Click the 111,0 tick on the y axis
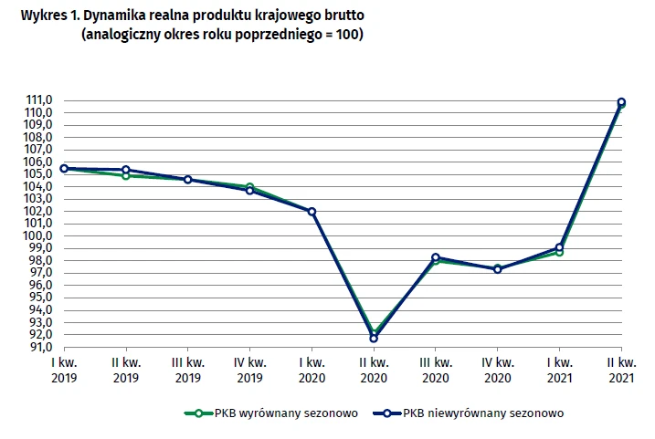(40, 100)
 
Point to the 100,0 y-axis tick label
(40, 235)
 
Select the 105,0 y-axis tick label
(40, 174)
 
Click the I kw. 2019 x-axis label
(64, 368)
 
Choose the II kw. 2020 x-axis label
(374, 368)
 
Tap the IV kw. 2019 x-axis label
(249, 368)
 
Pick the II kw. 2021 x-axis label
(621, 368)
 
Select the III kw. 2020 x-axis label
(436, 368)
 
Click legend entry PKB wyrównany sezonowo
(273, 413)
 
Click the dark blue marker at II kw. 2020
(374, 338)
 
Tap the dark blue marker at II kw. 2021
(621, 102)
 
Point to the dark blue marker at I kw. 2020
(312, 212)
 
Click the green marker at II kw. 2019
(126, 175)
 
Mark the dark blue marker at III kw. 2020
(436, 257)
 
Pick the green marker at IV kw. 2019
(249, 187)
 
